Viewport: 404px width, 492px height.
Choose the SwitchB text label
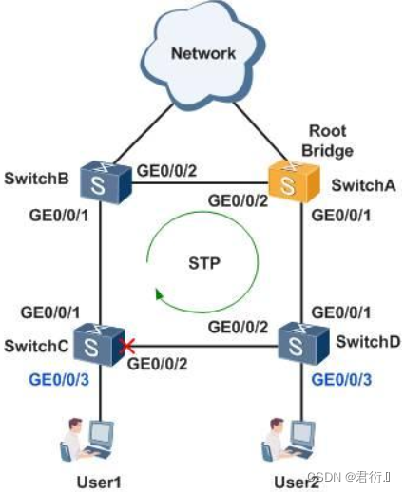[x=35, y=178]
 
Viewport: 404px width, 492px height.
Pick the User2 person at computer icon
[x=287, y=439]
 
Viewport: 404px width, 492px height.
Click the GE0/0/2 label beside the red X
[x=157, y=362]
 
